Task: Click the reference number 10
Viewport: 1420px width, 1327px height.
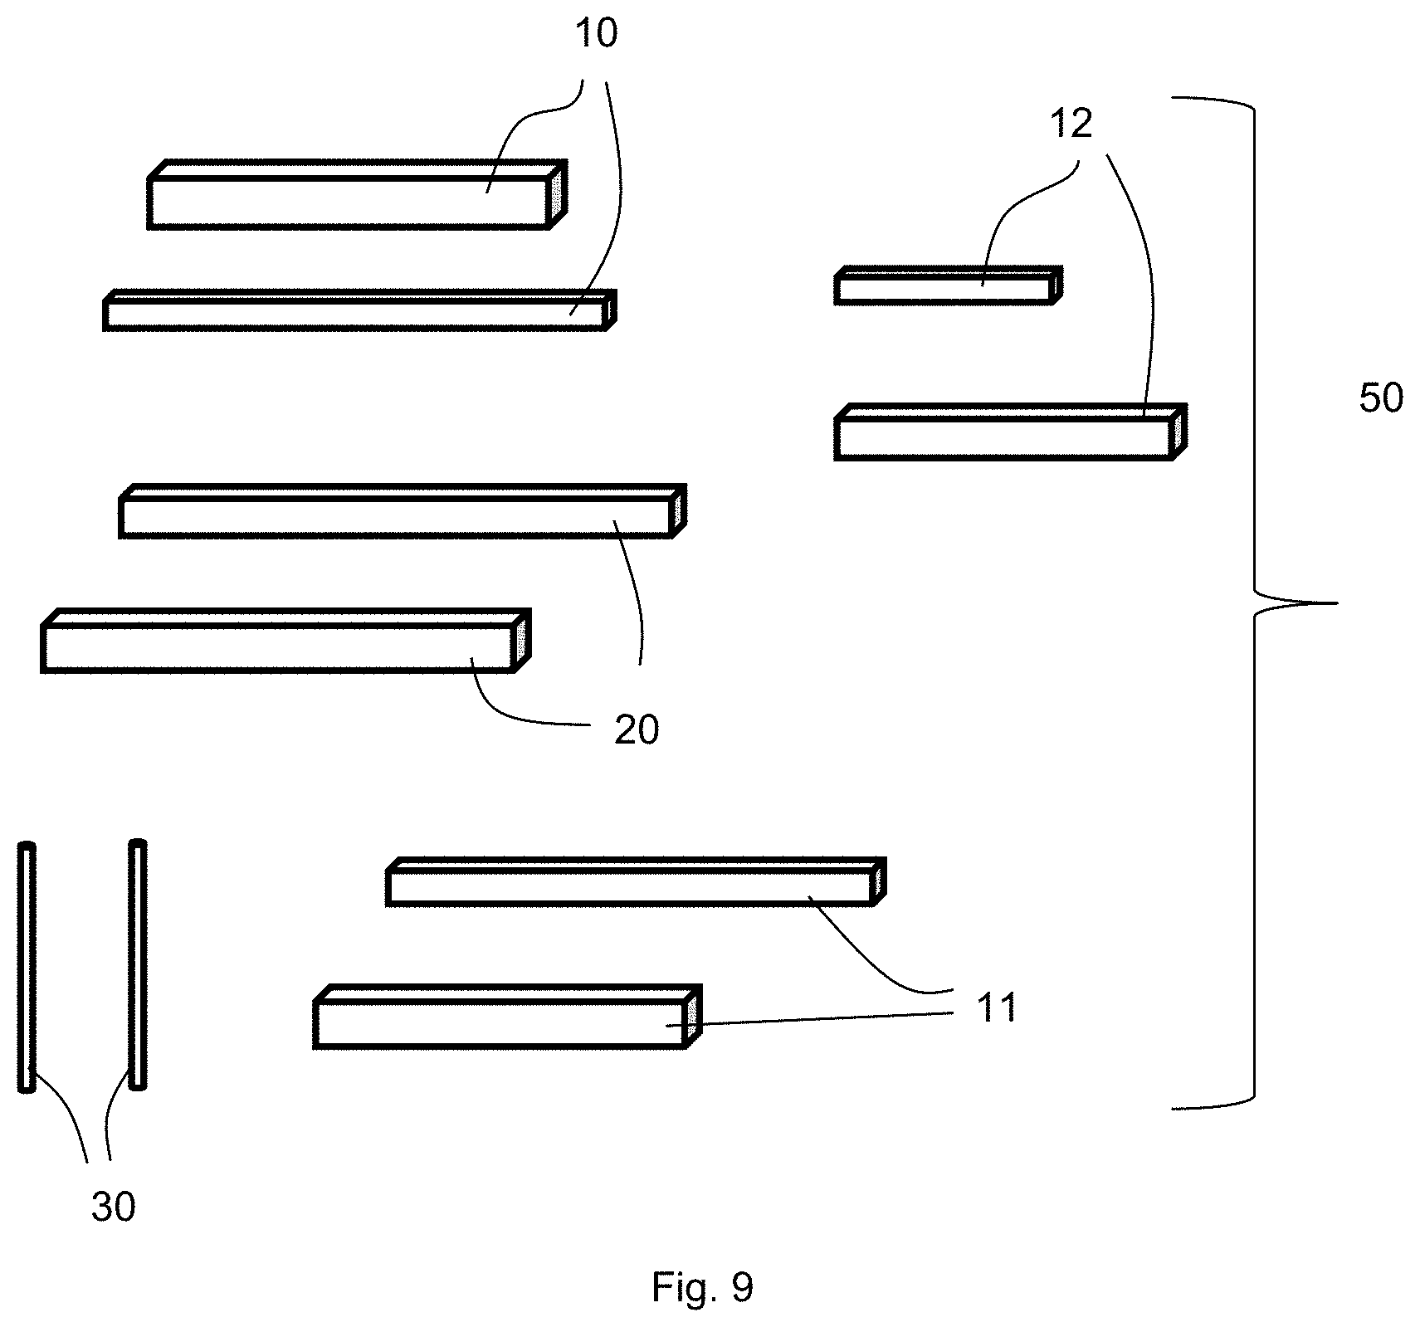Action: pyautogui.click(x=597, y=34)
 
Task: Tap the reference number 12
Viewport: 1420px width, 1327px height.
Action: pyautogui.click(x=1071, y=124)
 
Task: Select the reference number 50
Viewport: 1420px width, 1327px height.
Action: pyautogui.click(x=1381, y=399)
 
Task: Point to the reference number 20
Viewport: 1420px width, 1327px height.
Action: pyautogui.click(x=637, y=730)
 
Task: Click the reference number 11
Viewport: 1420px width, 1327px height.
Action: pyautogui.click(x=997, y=1008)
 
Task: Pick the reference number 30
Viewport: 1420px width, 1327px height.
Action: pyautogui.click(x=114, y=1207)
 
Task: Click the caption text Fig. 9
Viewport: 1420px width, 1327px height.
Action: pyautogui.click(x=702, y=1288)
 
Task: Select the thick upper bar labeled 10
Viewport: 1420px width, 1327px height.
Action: pyautogui.click(x=358, y=194)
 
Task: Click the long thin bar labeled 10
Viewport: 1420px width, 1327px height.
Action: pyautogui.click(x=359, y=310)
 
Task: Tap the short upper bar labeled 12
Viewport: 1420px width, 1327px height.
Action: pyautogui.click(x=949, y=285)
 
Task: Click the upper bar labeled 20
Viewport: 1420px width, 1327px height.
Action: pyautogui.click(x=403, y=511)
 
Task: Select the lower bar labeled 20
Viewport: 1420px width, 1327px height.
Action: pyautogui.click(x=285, y=641)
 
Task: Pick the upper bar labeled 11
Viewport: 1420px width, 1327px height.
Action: pyautogui.click(x=636, y=882)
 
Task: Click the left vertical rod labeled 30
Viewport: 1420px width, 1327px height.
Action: pyautogui.click(x=27, y=968)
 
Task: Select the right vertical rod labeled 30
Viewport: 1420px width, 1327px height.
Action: pyautogui.click(x=137, y=964)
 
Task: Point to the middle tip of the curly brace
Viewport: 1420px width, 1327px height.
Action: pyautogui.click(x=1338, y=603)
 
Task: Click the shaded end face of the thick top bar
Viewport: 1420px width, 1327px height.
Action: pyautogui.click(x=557, y=193)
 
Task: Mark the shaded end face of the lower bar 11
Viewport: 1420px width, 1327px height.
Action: pyautogui.click(x=692, y=1016)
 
